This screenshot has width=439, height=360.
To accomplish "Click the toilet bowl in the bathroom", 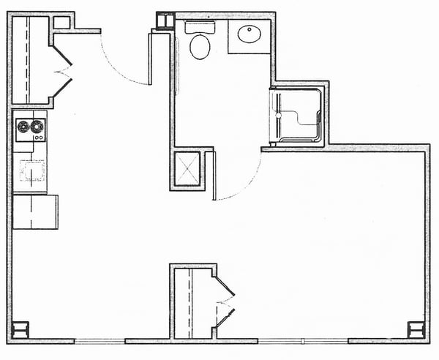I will coord(199,48).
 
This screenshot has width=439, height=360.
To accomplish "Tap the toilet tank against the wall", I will coord(199,28).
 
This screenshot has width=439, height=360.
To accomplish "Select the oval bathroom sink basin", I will coord(249,34).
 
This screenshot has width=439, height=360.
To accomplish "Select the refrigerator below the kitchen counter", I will coord(34,211).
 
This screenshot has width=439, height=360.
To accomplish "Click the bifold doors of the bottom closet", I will coord(224,302).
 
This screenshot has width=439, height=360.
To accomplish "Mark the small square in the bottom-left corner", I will coord(20,329).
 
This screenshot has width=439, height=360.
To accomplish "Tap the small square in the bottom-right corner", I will coord(419,329).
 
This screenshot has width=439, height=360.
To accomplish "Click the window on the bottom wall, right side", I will coord(302,340).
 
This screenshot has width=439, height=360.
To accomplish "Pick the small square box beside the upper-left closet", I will coord(61,22).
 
